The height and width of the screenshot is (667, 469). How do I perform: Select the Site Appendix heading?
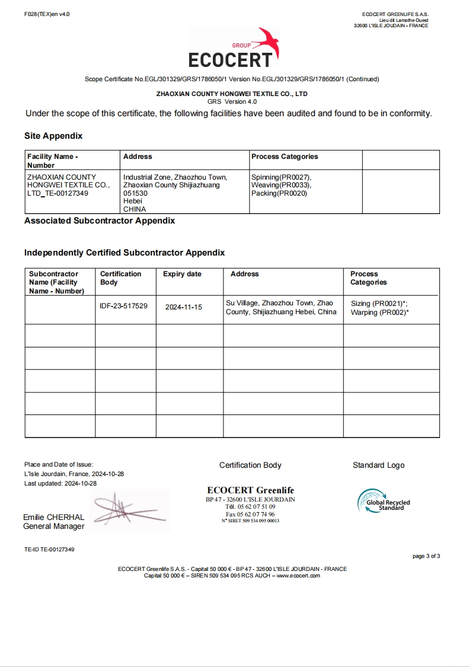pyautogui.click(x=53, y=136)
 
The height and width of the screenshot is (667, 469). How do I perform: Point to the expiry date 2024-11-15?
pyautogui.click(x=184, y=307)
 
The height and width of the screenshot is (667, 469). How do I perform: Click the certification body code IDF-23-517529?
pyautogui.click(x=124, y=306)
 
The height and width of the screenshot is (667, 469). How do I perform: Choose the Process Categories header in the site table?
pyautogui.click(x=285, y=157)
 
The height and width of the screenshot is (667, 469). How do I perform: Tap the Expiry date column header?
pyautogui.click(x=182, y=274)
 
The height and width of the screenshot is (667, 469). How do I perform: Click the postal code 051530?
pyautogui.click(x=135, y=193)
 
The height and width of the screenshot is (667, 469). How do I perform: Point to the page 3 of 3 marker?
pyautogui.click(x=426, y=556)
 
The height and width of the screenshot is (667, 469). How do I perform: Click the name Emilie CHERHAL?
pyautogui.click(x=53, y=517)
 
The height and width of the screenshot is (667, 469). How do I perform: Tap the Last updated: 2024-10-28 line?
pyautogui.click(x=60, y=483)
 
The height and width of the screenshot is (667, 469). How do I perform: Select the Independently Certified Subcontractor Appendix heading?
pyautogui.click(x=125, y=253)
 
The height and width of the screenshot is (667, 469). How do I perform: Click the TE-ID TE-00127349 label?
pyautogui.click(x=49, y=550)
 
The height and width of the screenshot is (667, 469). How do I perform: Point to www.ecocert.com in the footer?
pyautogui.click(x=298, y=576)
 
